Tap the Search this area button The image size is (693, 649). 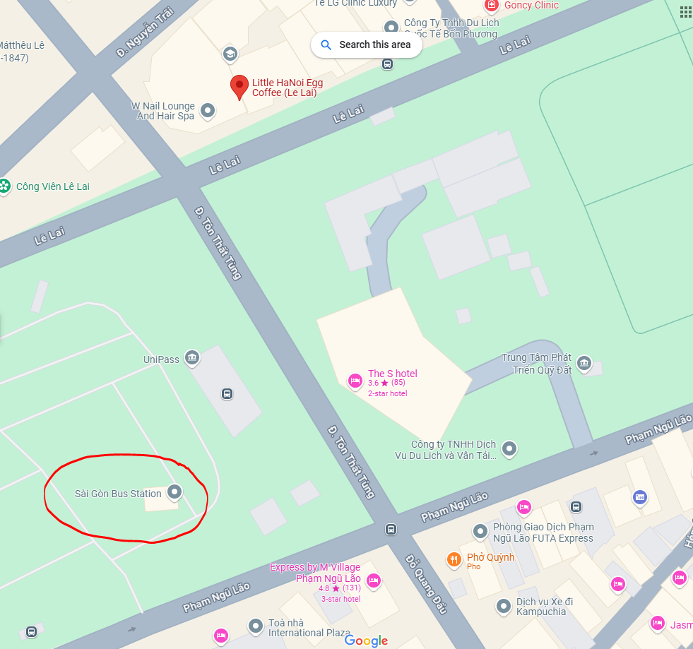click(x=366, y=44)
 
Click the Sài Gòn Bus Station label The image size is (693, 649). click(x=118, y=494)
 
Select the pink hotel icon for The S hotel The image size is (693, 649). click(x=355, y=381)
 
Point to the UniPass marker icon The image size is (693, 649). click(x=191, y=358)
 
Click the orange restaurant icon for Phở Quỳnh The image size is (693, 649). click(x=454, y=560)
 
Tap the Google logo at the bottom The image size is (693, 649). click(x=367, y=641)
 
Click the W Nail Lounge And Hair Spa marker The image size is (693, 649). click(x=208, y=110)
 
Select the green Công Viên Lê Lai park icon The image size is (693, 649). click(x=5, y=186)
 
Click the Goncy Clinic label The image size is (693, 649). click(x=531, y=6)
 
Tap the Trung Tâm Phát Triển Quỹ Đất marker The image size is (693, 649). click(x=584, y=363)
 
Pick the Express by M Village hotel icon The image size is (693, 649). click(x=374, y=581)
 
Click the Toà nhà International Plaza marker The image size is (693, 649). click(x=256, y=626)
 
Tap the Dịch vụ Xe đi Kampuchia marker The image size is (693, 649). click(x=504, y=606)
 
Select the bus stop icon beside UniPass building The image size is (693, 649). click(x=227, y=394)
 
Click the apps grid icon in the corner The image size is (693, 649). click(x=685, y=11)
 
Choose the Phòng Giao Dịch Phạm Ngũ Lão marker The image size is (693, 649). click(x=480, y=530)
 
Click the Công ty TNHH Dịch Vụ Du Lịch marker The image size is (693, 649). click(x=509, y=448)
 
